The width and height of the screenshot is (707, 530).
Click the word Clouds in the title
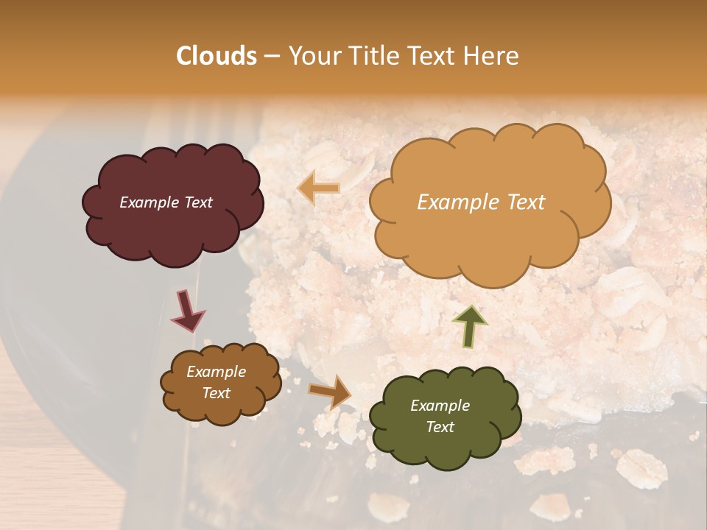tap(217, 56)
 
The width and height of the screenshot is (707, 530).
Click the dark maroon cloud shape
tap(172, 228)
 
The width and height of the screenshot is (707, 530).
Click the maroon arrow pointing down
tap(187, 310)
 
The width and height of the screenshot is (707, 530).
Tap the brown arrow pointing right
tap(330, 392)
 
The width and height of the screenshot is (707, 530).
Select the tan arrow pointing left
tap(319, 188)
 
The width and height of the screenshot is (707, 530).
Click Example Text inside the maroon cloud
tap(166, 202)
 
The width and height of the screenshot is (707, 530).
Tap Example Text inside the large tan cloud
tap(481, 202)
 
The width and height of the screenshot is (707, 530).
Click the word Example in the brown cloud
tap(216, 372)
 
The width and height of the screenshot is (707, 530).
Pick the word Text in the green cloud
tap(440, 427)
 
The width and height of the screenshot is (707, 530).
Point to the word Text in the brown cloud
tap(216, 393)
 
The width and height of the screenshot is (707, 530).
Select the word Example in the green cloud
tap(440, 406)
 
